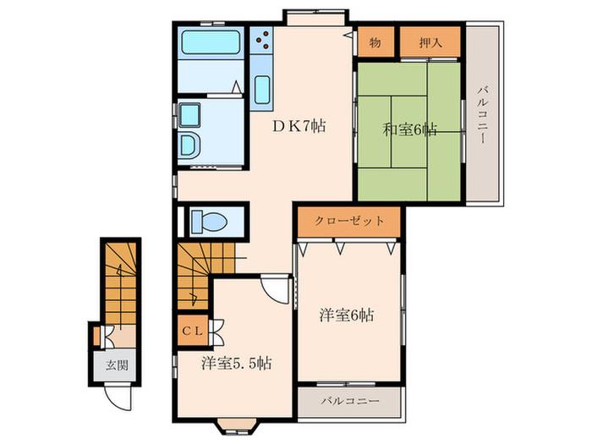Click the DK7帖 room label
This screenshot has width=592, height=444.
(x=299, y=126)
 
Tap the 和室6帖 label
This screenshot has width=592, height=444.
(x=410, y=130)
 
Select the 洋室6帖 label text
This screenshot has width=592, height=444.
(x=347, y=315)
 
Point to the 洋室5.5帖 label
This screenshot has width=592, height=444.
(x=236, y=363)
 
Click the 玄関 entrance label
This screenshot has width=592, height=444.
(x=117, y=365)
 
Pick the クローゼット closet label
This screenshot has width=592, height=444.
(x=349, y=221)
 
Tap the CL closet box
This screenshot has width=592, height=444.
(x=193, y=331)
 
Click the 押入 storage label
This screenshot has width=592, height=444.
(x=430, y=42)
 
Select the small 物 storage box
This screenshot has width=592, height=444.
(x=376, y=41)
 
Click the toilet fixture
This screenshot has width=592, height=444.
(x=209, y=221)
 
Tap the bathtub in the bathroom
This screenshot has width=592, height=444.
(x=211, y=42)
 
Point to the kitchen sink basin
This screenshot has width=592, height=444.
(x=262, y=90)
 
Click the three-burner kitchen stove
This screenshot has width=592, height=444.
(x=261, y=39)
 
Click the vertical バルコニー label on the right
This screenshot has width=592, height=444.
(x=483, y=115)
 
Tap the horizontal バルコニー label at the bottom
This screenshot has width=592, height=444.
(x=350, y=401)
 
